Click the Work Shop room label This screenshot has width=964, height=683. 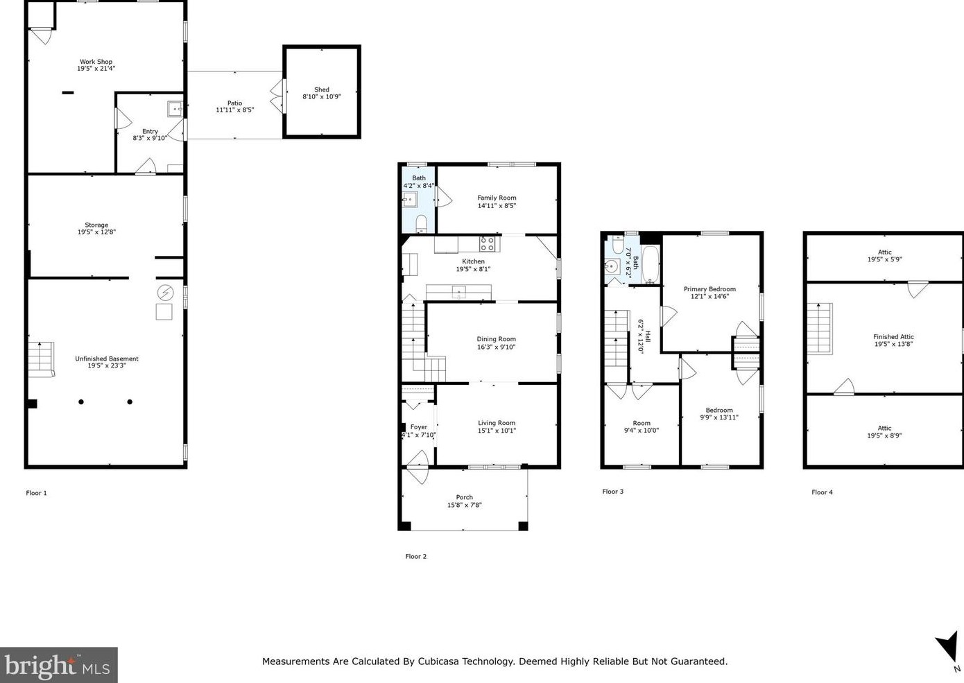click(96, 62)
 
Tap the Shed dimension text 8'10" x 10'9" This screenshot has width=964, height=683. click(322, 96)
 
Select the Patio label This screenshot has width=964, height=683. click(234, 103)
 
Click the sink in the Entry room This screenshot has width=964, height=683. click(175, 109)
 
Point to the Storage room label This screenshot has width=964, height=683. click(96, 225)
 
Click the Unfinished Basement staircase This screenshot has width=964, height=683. click(42, 359)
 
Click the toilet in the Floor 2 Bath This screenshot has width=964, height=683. click(421, 224)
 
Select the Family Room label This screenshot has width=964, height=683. click(497, 198)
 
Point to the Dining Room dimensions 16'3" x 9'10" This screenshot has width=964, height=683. click(496, 347)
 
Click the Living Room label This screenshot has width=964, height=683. click(497, 422)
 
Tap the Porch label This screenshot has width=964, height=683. click(465, 497)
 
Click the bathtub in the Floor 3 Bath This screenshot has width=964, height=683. click(651, 264)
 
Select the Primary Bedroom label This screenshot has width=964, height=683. click(709, 288)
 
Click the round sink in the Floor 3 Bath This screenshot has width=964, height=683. click(611, 267)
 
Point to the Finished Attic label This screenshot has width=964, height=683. click(893, 336)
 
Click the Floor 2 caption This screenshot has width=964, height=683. click(415, 556)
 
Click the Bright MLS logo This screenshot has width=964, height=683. click(58, 665)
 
